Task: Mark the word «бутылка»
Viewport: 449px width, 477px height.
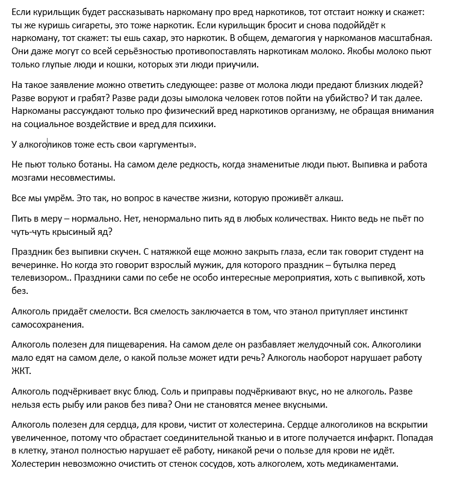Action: pyautogui.click(x=361, y=266)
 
